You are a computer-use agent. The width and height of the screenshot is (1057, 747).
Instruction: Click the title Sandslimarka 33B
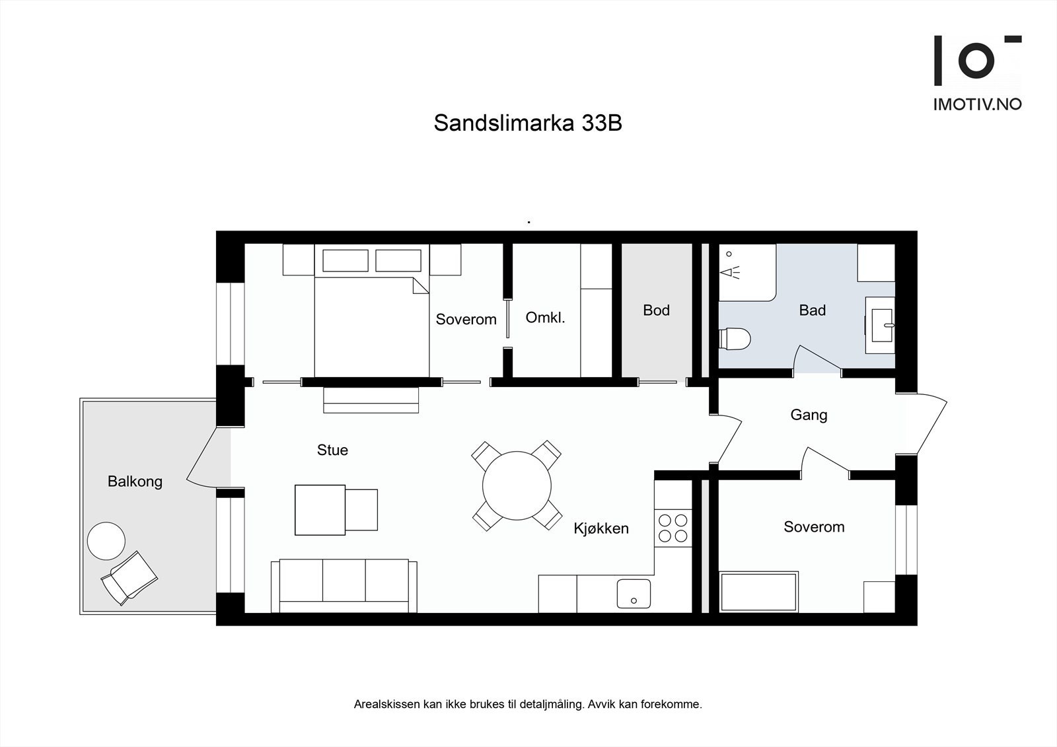pyautogui.click(x=528, y=124)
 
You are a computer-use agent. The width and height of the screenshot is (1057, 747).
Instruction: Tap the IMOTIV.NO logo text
pyautogui.click(x=977, y=104)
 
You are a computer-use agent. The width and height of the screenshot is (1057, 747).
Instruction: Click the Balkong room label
pyautogui.click(x=135, y=481)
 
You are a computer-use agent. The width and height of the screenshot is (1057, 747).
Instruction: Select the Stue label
pyautogui.click(x=332, y=450)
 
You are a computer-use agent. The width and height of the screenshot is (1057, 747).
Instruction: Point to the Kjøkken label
pyautogui.click(x=601, y=528)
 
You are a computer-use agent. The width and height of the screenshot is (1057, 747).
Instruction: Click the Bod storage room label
pyautogui.click(x=656, y=310)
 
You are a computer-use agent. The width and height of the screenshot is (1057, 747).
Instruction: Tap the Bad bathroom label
pyautogui.click(x=812, y=310)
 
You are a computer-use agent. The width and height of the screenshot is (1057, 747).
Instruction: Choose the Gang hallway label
pyautogui.click(x=809, y=415)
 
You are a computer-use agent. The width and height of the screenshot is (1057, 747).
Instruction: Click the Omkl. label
pyautogui.click(x=545, y=318)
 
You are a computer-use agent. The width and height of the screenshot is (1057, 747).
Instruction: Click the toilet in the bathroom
pyautogui.click(x=735, y=339)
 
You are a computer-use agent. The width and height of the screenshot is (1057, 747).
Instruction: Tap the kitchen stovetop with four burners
pyautogui.click(x=673, y=528)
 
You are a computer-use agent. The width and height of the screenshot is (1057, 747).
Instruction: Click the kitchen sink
pyautogui.click(x=634, y=593)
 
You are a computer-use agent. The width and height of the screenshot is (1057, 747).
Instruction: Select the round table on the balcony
pyautogui.click(x=106, y=541)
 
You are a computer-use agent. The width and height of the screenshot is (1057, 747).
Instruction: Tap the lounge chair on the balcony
pyautogui.click(x=129, y=577)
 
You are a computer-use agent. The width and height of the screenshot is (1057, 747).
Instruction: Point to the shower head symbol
pyautogui.click(x=729, y=271)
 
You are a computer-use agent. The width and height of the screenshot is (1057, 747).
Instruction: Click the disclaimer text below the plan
pyautogui.click(x=528, y=705)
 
